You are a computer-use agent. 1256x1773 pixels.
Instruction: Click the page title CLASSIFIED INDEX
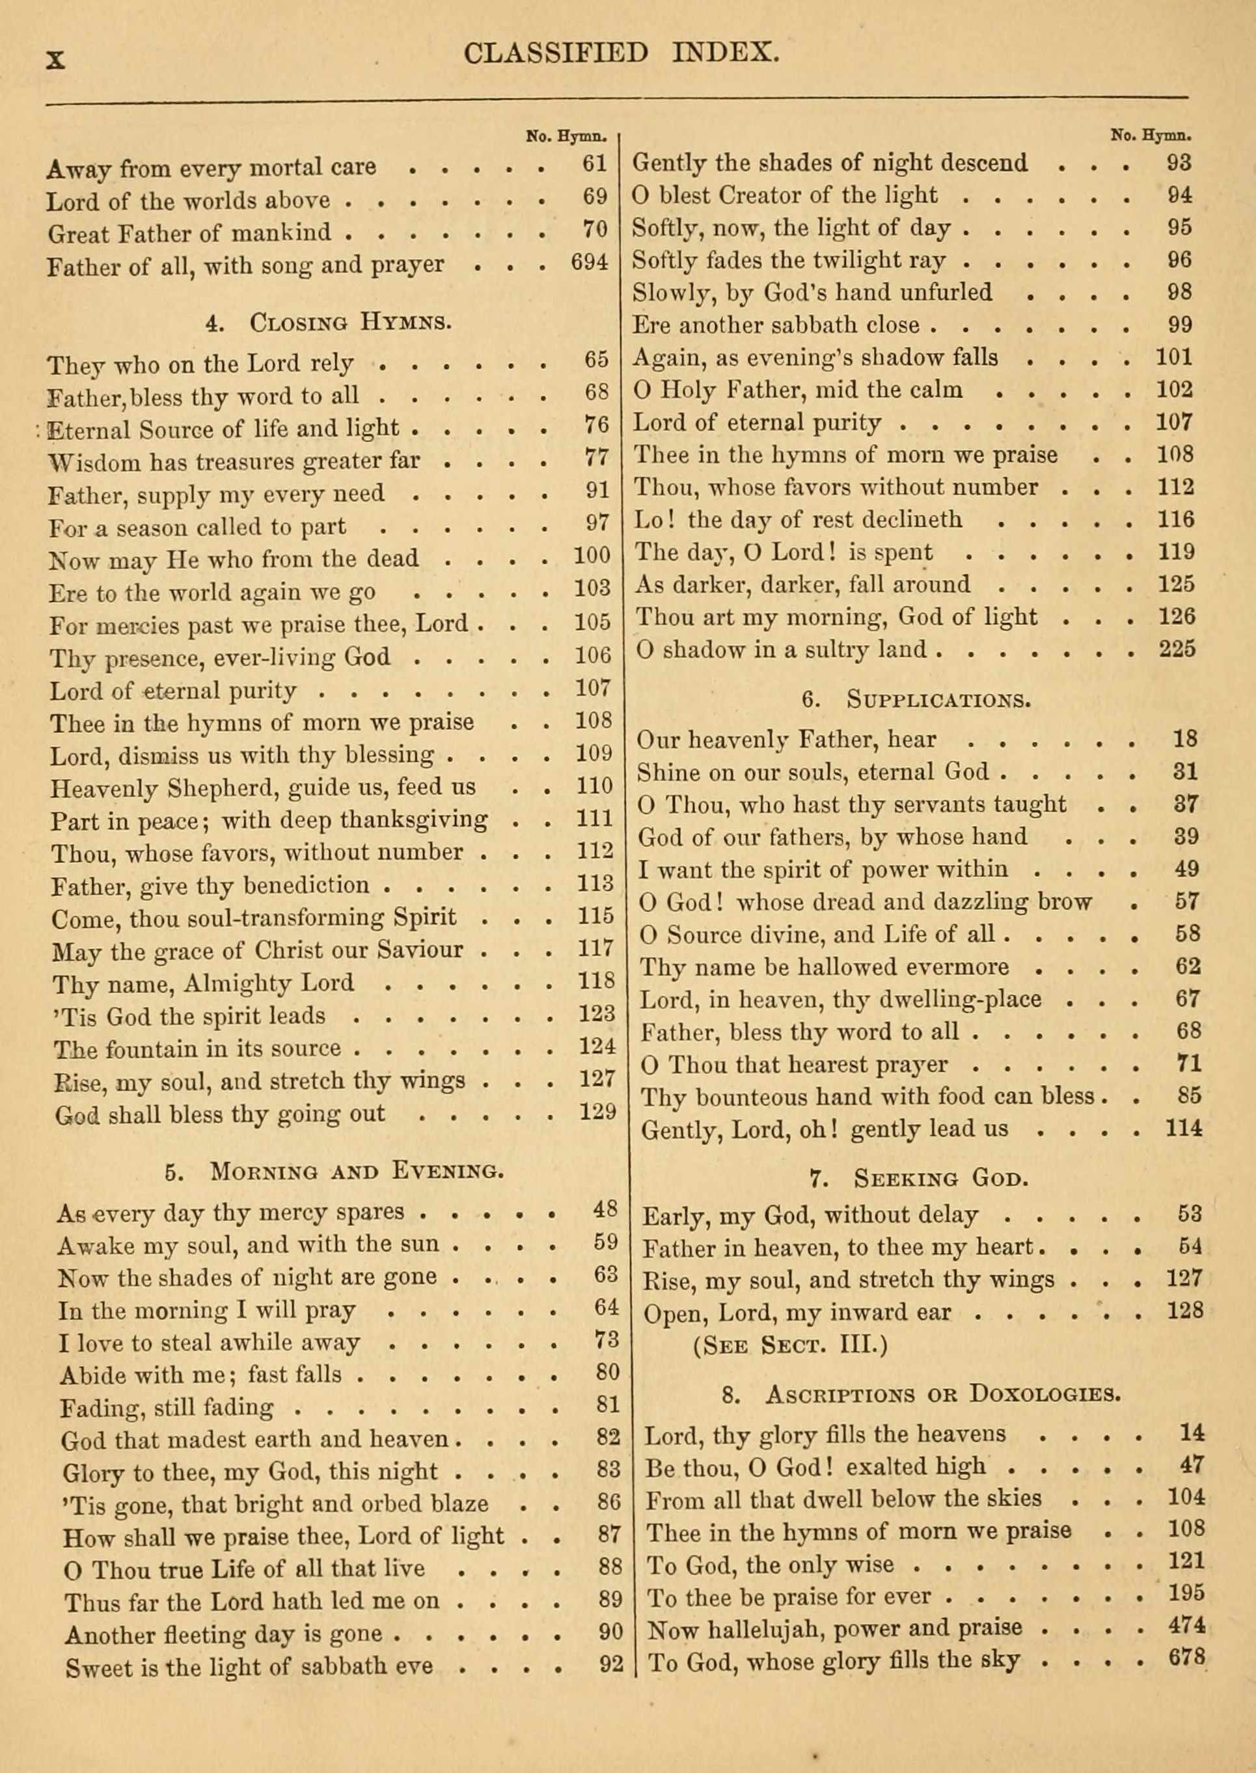tap(621, 53)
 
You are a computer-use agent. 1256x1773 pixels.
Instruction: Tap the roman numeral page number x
tap(56, 60)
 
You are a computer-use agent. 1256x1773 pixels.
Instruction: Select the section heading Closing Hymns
tap(329, 323)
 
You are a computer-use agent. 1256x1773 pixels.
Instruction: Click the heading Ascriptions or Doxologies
tap(921, 1394)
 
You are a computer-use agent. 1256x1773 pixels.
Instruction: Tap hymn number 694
tap(590, 264)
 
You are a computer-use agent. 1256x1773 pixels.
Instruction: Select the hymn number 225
tap(1177, 649)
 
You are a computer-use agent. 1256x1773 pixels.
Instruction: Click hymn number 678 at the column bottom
tap(1187, 1656)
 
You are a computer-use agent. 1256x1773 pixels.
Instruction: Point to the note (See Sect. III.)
tap(789, 1345)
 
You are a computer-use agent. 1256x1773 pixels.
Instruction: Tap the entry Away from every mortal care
tap(211, 167)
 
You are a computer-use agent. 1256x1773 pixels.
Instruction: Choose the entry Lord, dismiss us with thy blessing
tap(242, 754)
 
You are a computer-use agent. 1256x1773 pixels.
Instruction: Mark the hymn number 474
tap(1186, 1625)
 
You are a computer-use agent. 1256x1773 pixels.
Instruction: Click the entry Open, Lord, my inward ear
tap(797, 1313)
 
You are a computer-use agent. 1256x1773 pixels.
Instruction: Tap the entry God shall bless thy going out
tap(221, 1114)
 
